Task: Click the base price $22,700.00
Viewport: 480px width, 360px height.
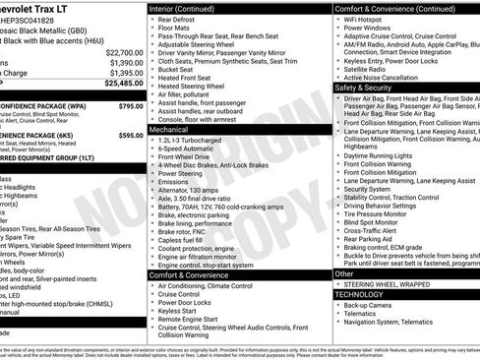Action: pyautogui.click(x=124, y=51)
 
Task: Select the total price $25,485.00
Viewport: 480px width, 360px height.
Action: pyautogui.click(x=124, y=84)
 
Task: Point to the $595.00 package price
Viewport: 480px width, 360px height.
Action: pyautogui.click(x=130, y=136)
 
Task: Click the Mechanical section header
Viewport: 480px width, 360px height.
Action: pyautogui.click(x=169, y=129)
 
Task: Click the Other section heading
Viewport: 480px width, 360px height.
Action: pyautogui.click(x=344, y=273)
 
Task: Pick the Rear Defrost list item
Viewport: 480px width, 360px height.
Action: pyautogui.click(x=177, y=19)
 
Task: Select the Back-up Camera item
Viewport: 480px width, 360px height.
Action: pyautogui.click(x=367, y=305)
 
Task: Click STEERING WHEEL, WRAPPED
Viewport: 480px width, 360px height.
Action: pyautogui.click(x=390, y=284)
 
